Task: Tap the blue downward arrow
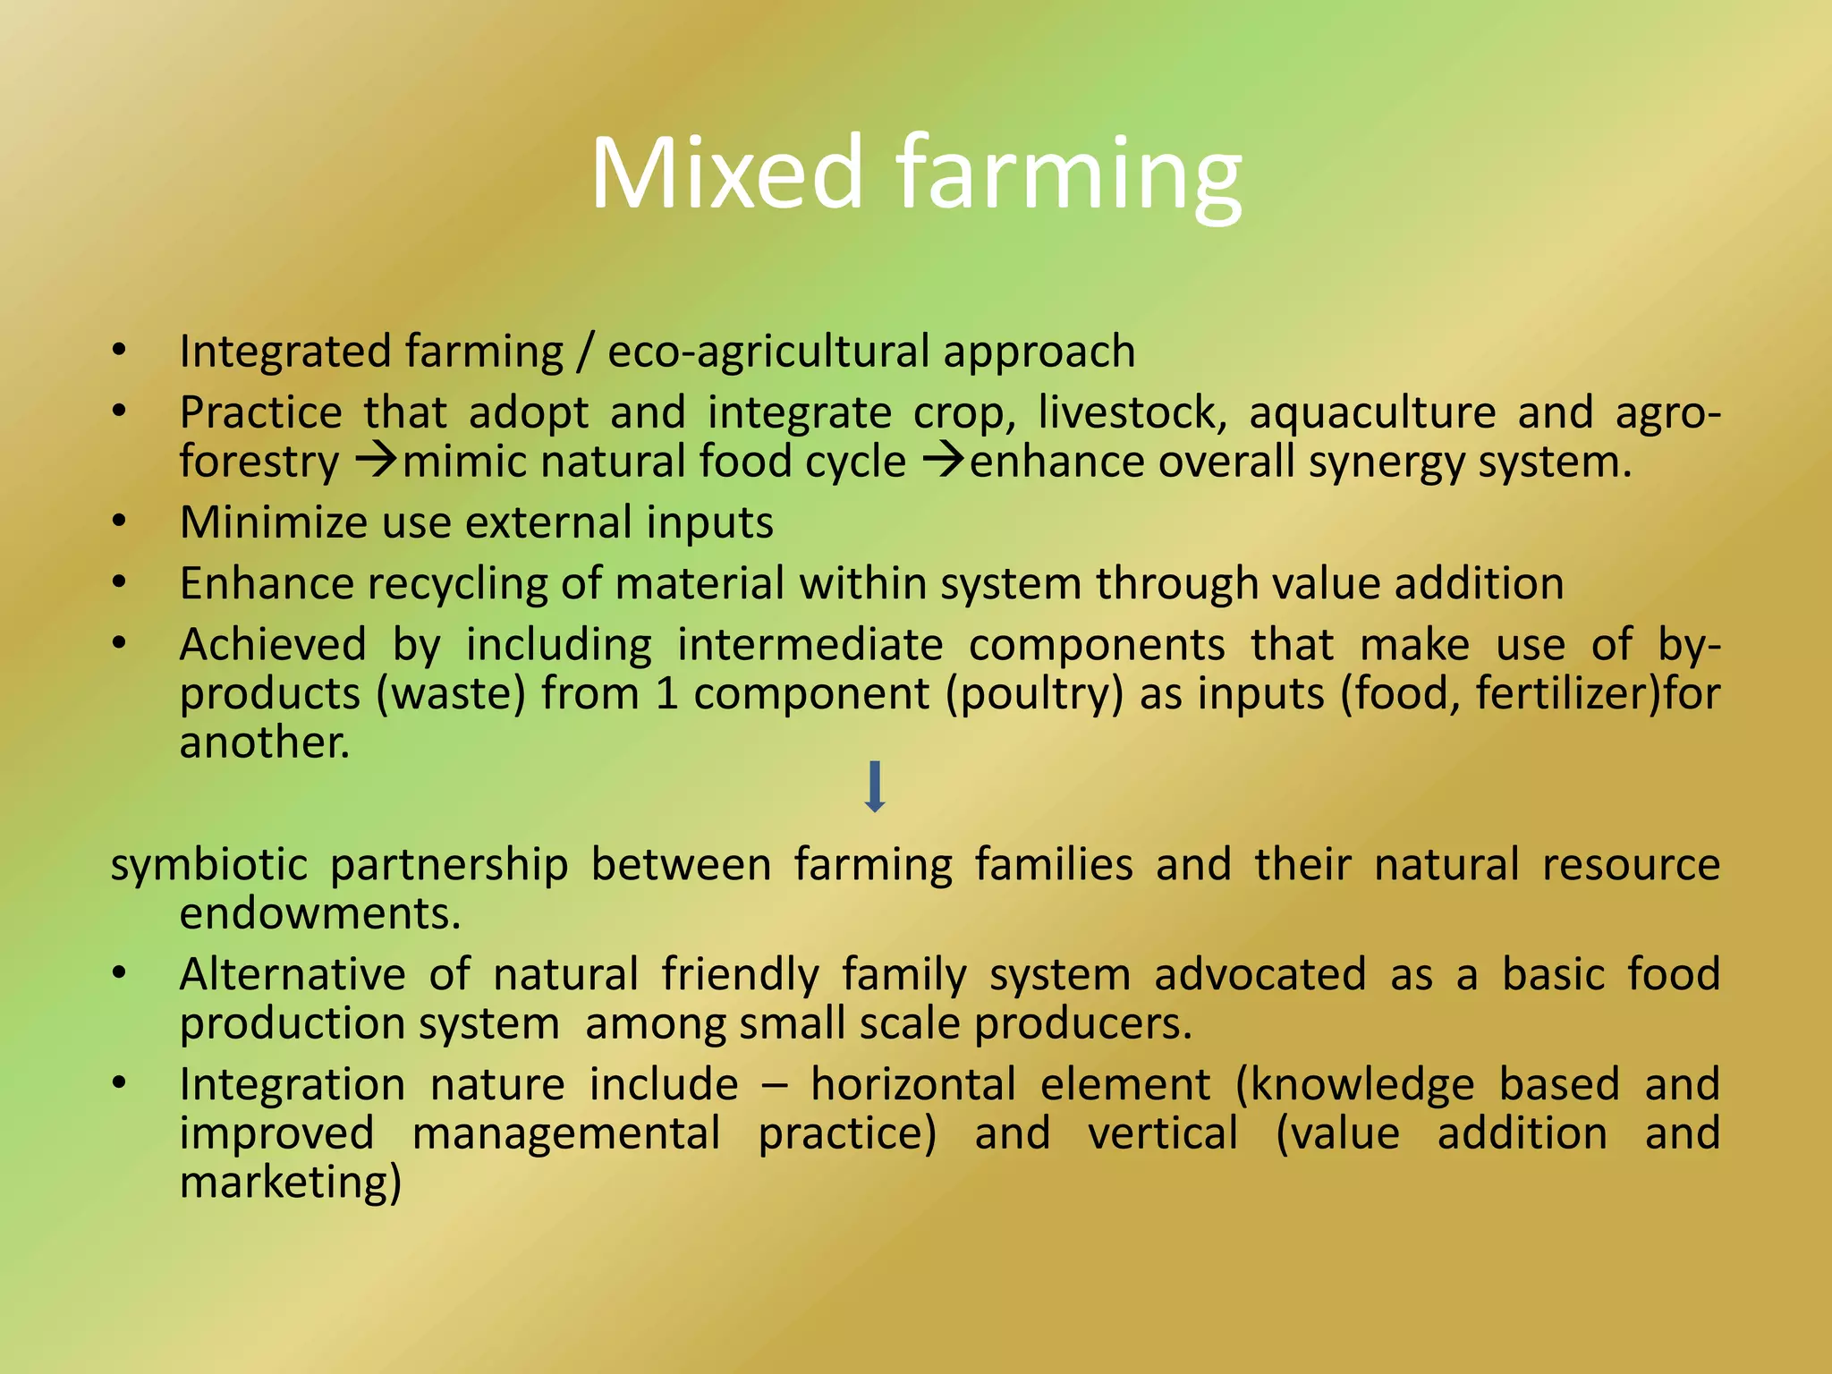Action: [875, 786]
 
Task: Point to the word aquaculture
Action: [1372, 413]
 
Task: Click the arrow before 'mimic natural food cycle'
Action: [377, 462]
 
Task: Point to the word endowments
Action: [319, 913]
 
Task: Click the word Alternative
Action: [293, 974]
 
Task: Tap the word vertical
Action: [1163, 1133]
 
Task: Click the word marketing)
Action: [291, 1183]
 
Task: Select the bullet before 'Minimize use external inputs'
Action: [120, 522]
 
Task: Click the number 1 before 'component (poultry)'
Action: [666, 694]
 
